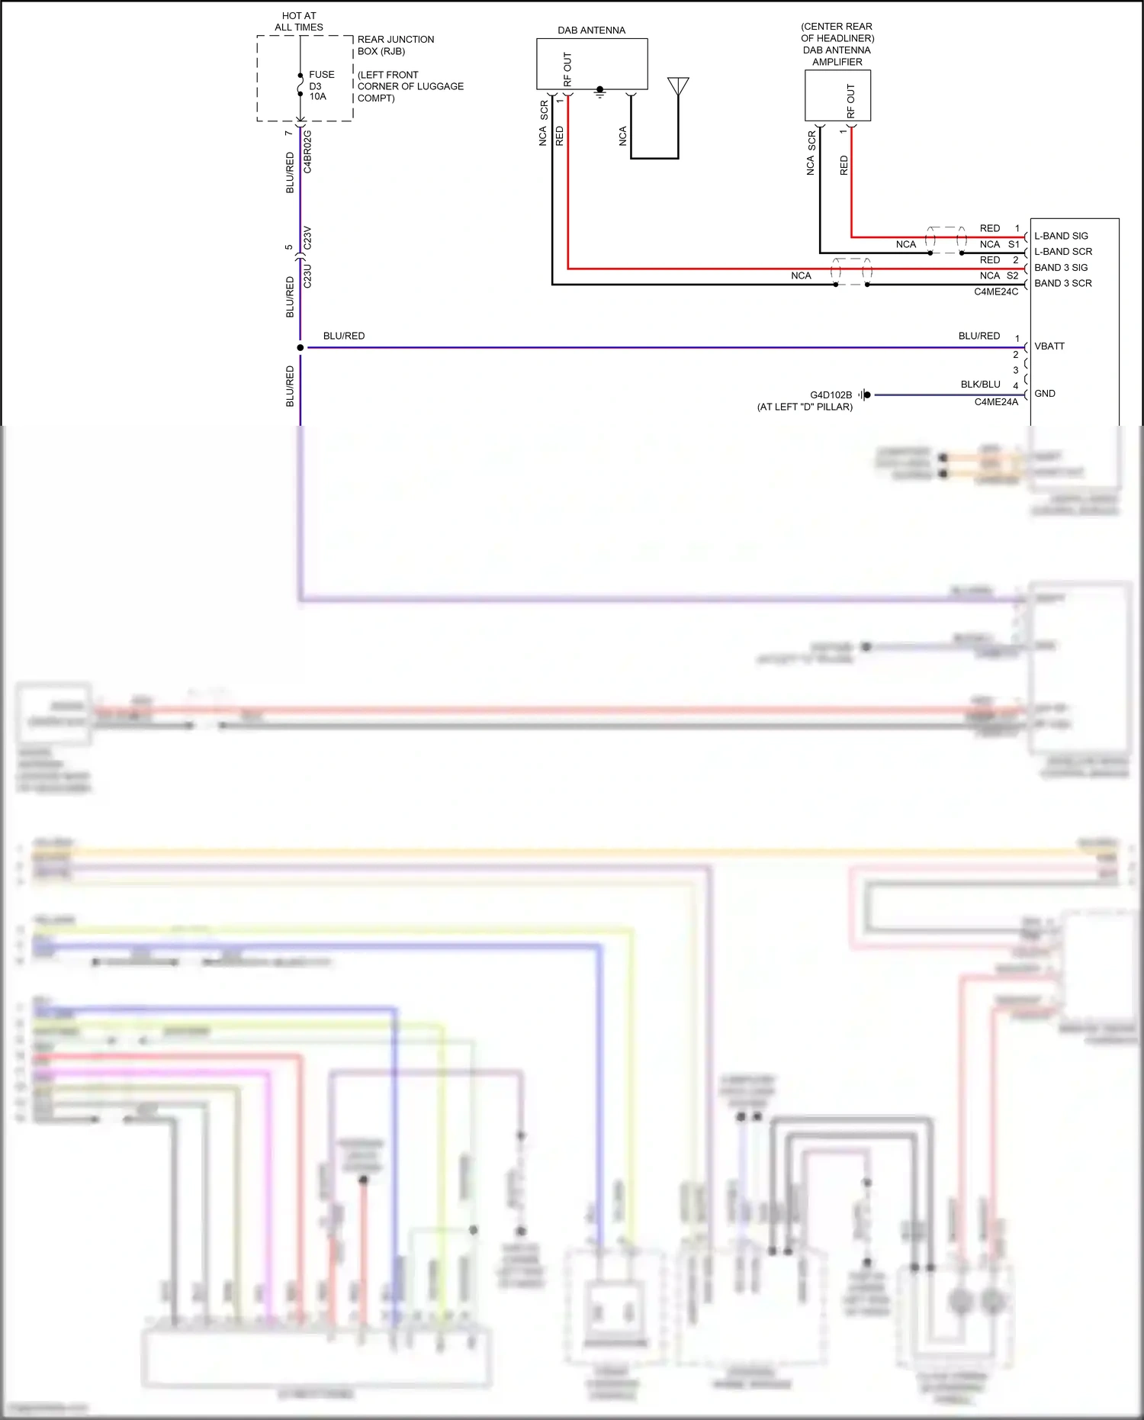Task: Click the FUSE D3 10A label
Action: pyautogui.click(x=320, y=85)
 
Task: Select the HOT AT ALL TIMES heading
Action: pyautogui.click(x=299, y=21)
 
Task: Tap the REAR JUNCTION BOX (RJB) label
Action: pyautogui.click(x=395, y=45)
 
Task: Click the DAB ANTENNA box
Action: pyautogui.click(x=592, y=64)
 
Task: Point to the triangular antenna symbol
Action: pyautogui.click(x=678, y=85)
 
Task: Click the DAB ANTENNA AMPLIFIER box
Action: pyautogui.click(x=837, y=95)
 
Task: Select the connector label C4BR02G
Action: pyautogui.click(x=308, y=151)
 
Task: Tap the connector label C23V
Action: pyautogui.click(x=308, y=238)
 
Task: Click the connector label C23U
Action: pyautogui.click(x=308, y=275)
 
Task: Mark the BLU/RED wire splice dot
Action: pyautogui.click(x=300, y=348)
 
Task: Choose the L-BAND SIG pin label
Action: pyautogui.click(x=1061, y=236)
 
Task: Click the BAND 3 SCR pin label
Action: pyautogui.click(x=1062, y=283)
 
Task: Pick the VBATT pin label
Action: pyautogui.click(x=1049, y=346)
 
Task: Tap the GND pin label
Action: pyautogui.click(x=1044, y=394)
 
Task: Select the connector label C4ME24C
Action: pyautogui.click(x=995, y=292)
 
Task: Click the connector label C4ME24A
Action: pyautogui.click(x=995, y=402)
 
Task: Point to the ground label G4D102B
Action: pyautogui.click(x=831, y=395)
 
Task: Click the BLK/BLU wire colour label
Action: pyautogui.click(x=980, y=385)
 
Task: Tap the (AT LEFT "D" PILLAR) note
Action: pyautogui.click(x=805, y=407)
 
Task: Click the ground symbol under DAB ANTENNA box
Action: pyautogui.click(x=600, y=93)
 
